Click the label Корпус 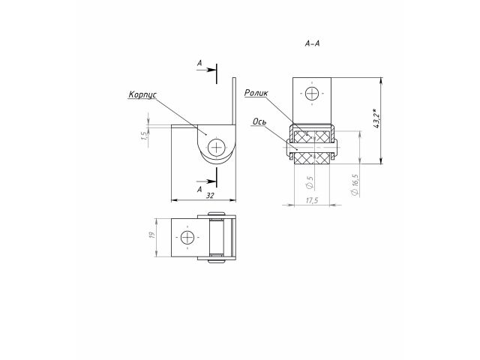pyautogui.click(x=141, y=95)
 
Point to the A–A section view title pyautogui.click(x=313, y=44)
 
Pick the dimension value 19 pyautogui.click(x=151, y=236)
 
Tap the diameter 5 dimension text pyautogui.click(x=310, y=181)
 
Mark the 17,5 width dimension pyautogui.click(x=313, y=199)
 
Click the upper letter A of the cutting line pyautogui.click(x=199, y=65)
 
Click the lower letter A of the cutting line pyautogui.click(x=199, y=190)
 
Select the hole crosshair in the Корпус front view pyautogui.click(x=217, y=147)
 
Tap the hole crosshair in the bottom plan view pyautogui.click(x=185, y=237)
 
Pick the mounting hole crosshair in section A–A pyautogui.click(x=312, y=94)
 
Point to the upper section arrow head pyautogui.click(x=212, y=73)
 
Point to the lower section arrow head pyautogui.click(x=212, y=180)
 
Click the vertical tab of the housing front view pyautogui.click(x=234, y=101)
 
